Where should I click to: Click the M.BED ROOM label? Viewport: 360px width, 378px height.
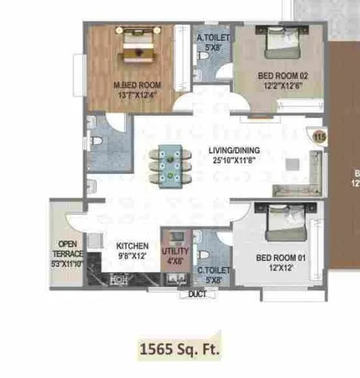(137, 84)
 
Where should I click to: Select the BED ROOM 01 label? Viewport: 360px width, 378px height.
(281, 259)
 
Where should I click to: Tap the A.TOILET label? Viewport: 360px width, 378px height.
(212, 37)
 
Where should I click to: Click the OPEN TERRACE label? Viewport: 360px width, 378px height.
(68, 249)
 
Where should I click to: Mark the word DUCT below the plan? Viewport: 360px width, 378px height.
(197, 293)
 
